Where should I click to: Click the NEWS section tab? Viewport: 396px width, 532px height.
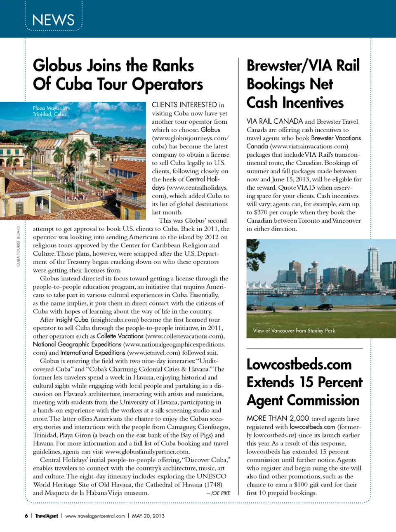coord(53,20)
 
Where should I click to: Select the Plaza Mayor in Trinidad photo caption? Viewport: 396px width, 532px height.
coord(49,111)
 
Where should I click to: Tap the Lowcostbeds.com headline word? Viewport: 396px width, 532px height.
coord(299,365)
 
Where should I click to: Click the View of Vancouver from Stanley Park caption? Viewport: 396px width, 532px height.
coord(294,331)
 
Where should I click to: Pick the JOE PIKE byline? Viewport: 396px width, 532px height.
coord(219,493)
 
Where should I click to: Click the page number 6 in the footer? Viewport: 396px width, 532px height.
coord(26,516)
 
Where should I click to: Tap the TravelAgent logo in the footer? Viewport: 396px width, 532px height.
coord(47,516)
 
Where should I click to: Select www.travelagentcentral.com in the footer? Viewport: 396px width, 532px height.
coord(95,516)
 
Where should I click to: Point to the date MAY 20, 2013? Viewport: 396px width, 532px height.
coord(148,516)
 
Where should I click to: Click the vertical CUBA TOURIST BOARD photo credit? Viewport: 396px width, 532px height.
coord(18,246)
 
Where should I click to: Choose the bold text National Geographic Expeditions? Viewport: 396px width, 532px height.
coord(77,344)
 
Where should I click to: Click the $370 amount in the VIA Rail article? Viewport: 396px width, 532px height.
coord(261,212)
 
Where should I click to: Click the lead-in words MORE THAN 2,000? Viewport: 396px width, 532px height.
coord(278,418)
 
